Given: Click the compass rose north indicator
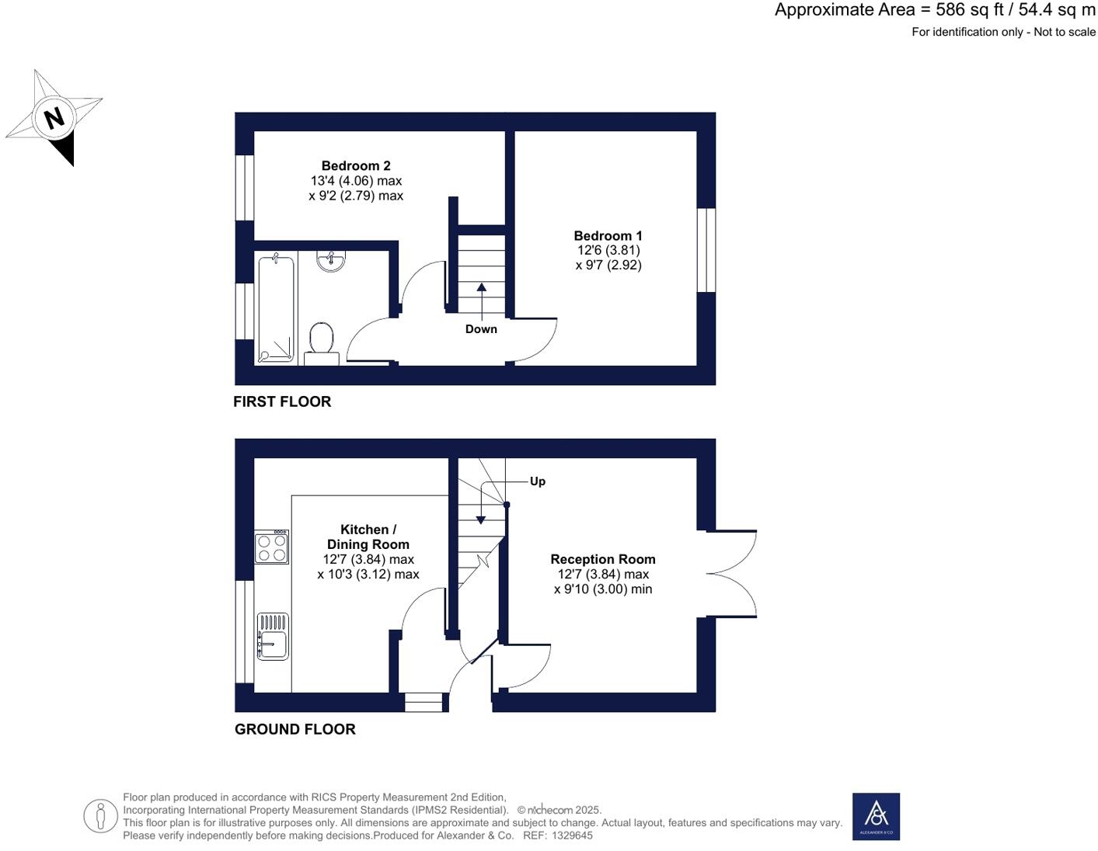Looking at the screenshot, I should (54, 118).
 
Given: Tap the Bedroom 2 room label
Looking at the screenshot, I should (356, 165).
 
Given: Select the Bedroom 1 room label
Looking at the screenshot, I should (608, 236).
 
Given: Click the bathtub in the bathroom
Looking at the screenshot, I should (276, 307).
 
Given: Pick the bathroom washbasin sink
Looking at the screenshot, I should (331, 260).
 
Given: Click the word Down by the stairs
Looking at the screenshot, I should (481, 329).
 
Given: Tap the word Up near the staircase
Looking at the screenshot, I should (537, 481).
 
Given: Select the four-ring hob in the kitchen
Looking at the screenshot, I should (272, 547).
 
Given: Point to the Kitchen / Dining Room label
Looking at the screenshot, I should (368, 537).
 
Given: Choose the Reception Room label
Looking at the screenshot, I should (603, 559).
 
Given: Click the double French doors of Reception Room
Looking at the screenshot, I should (732, 574).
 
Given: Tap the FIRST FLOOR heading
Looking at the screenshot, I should (282, 401).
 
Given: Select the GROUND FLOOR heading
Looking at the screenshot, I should (295, 729).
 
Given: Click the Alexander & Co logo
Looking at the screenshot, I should (876, 816).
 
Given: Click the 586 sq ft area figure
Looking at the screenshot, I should (963, 10).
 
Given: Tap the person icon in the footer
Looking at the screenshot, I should (100, 816).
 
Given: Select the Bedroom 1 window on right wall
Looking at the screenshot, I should (706, 250).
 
